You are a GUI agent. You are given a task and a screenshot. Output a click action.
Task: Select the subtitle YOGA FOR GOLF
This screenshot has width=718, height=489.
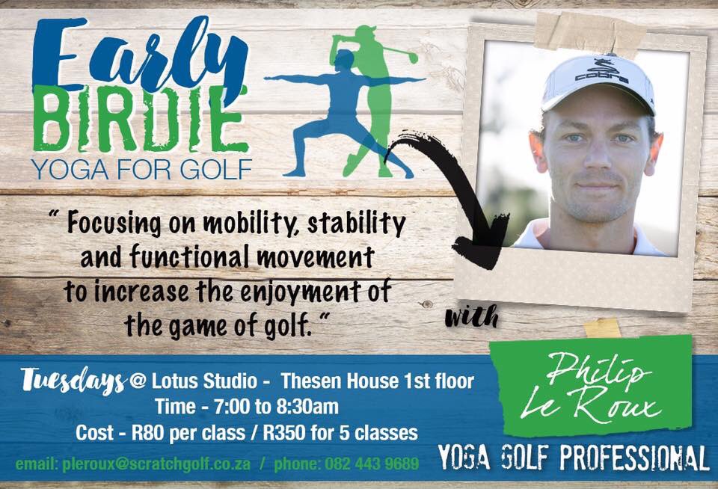click(142, 170)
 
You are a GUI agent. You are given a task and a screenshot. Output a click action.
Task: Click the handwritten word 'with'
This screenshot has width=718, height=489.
click(471, 318)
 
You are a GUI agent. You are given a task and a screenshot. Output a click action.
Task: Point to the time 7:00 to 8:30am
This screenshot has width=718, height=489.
click(247, 407)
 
